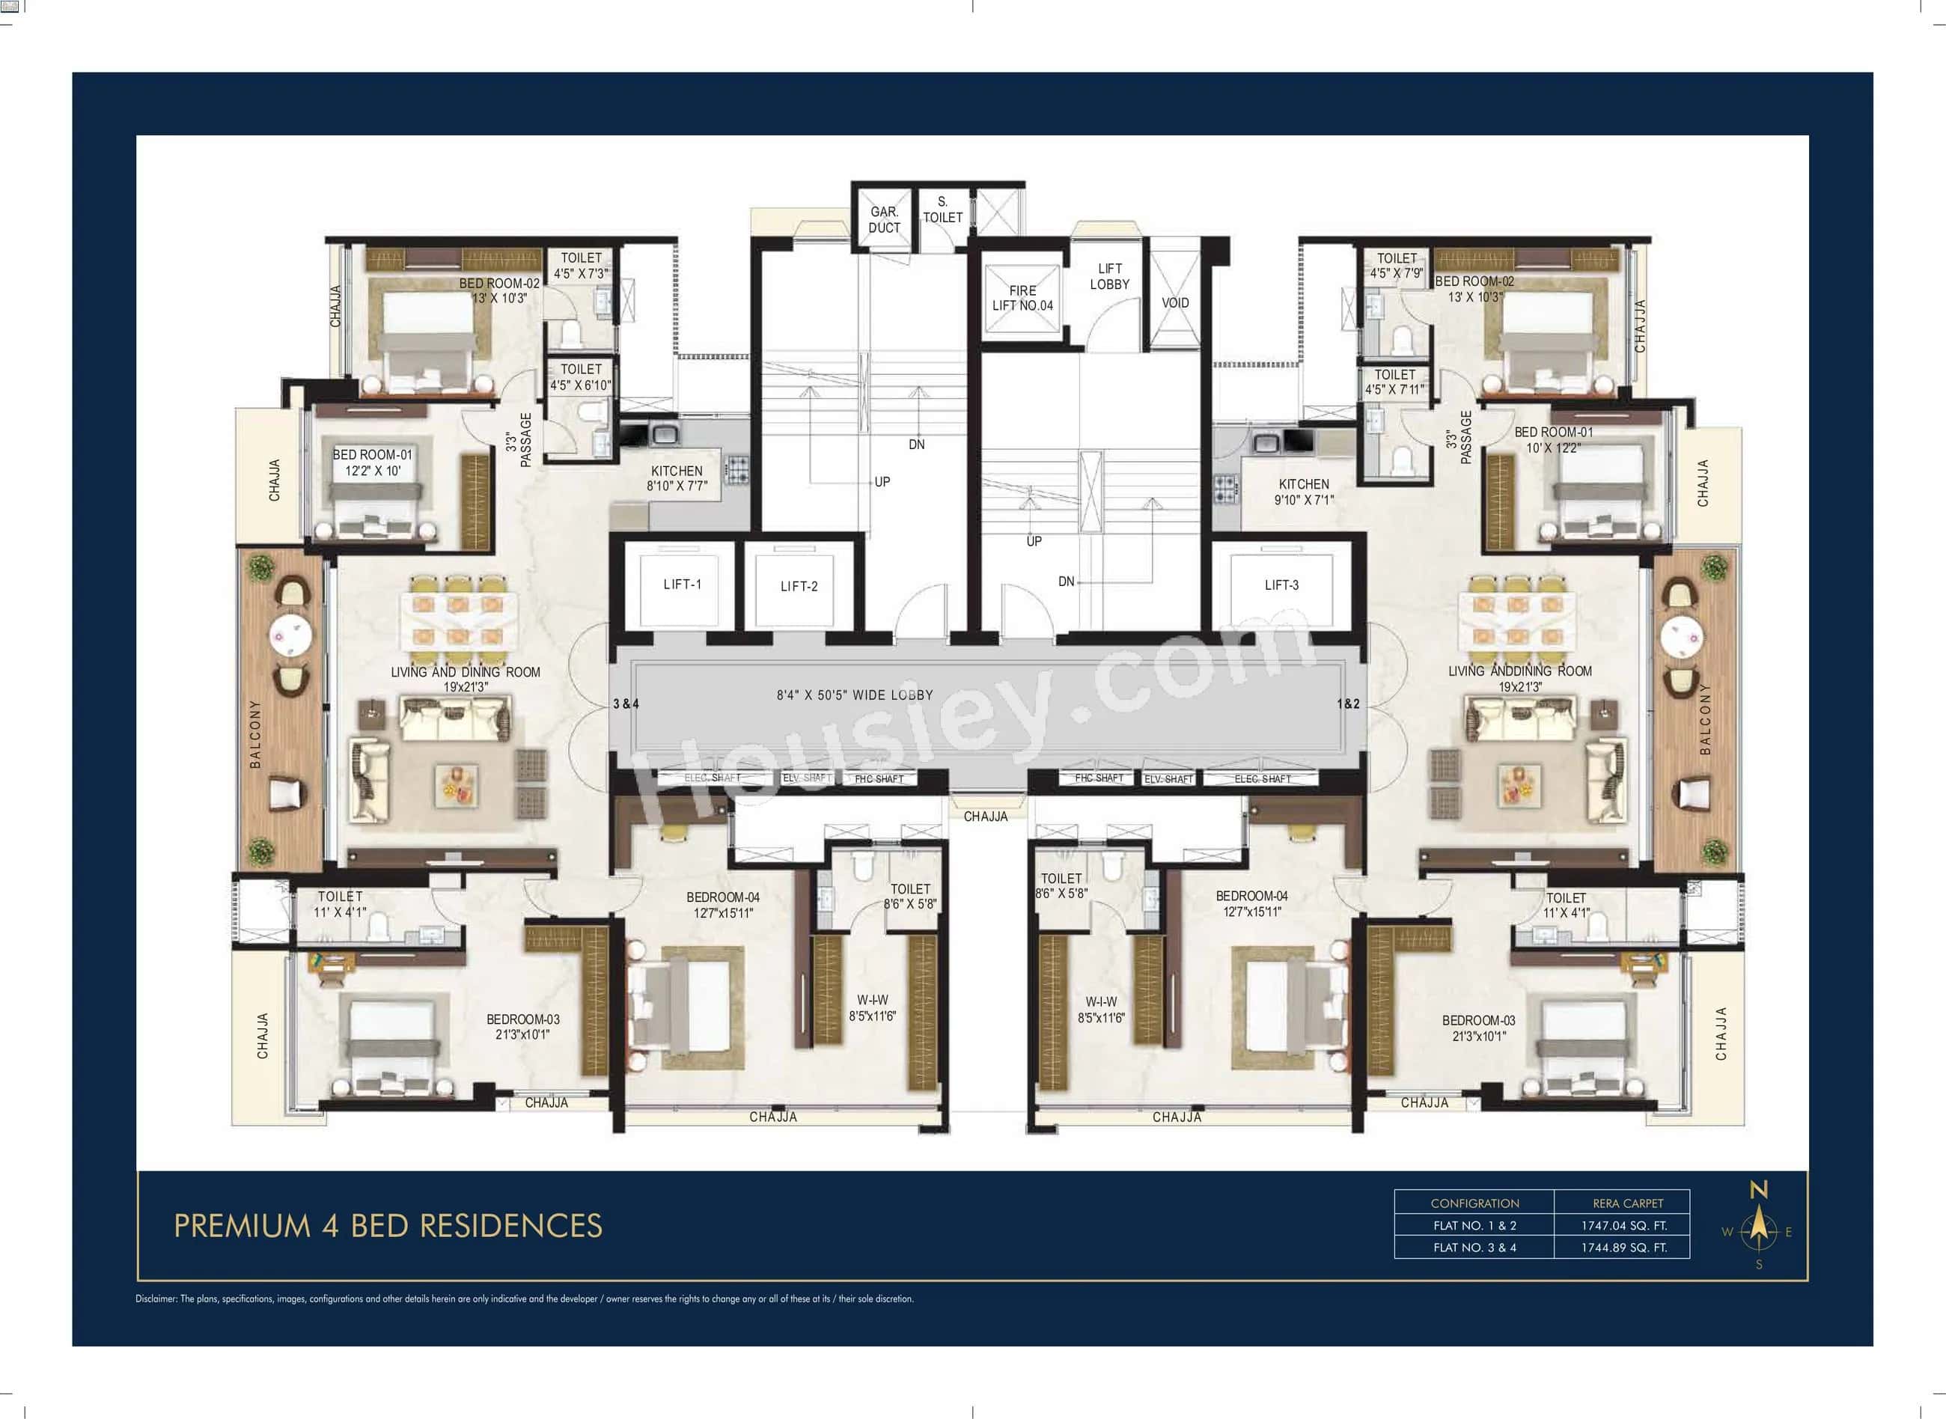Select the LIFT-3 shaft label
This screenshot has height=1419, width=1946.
tap(1281, 586)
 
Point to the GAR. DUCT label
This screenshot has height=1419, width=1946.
tap(884, 220)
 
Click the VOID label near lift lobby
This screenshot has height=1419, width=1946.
tap(1175, 303)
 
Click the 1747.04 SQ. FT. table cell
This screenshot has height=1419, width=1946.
tap(1624, 1226)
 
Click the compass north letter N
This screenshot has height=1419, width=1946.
tap(1759, 1191)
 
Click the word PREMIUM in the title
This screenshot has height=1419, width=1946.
tap(241, 1227)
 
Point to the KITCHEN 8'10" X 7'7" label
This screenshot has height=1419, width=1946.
tap(677, 478)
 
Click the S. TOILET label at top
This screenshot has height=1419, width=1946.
tap(942, 210)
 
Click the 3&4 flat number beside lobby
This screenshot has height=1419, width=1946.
tap(626, 704)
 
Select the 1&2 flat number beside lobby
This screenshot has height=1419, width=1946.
tap(1348, 704)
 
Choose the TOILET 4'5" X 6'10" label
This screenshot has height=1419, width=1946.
tap(581, 377)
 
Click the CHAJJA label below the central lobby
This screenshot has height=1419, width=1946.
tap(985, 817)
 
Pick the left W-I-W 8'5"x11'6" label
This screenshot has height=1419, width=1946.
tap(872, 1008)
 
